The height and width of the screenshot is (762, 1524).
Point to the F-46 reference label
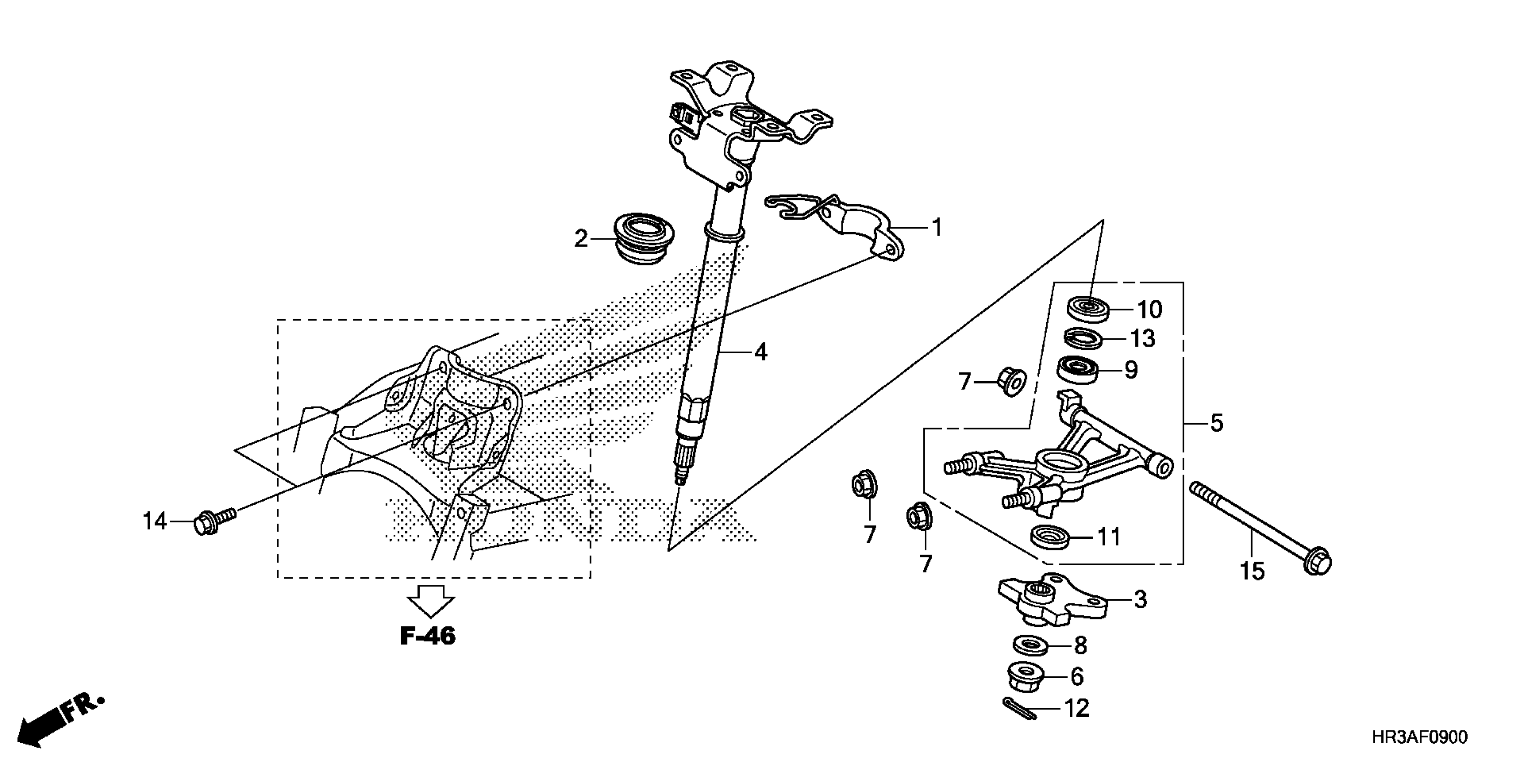[x=428, y=636]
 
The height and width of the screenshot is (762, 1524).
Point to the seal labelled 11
[x=1050, y=536]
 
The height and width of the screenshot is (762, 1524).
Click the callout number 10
[x=1150, y=309]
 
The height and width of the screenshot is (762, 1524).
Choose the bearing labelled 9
[x=1078, y=370]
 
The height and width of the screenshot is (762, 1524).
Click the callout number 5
[x=1217, y=423]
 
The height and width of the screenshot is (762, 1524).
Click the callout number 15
[x=1252, y=571]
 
